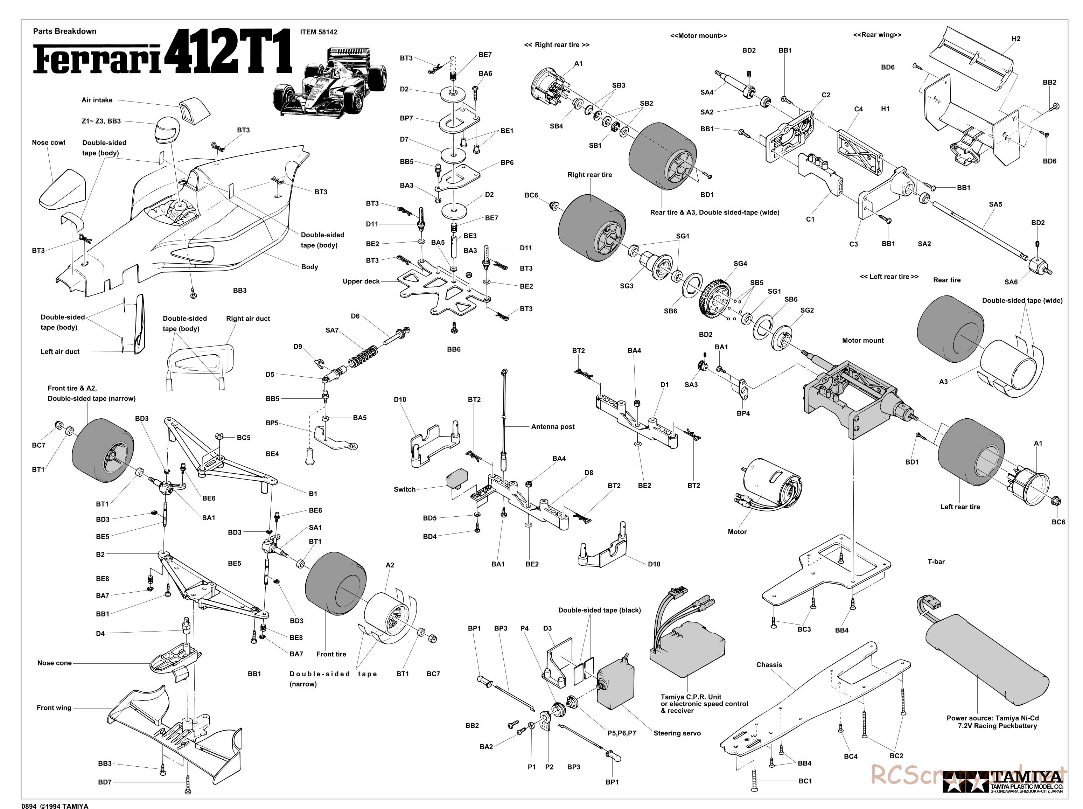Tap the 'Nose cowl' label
click(x=48, y=142)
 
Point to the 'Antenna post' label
click(x=553, y=426)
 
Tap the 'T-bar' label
click(x=936, y=562)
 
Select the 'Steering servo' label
click(x=677, y=733)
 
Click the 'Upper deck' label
click(x=361, y=281)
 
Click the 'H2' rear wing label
click(x=1016, y=39)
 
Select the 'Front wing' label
click(x=54, y=707)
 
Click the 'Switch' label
click(x=404, y=489)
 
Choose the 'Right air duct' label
click(x=248, y=318)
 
